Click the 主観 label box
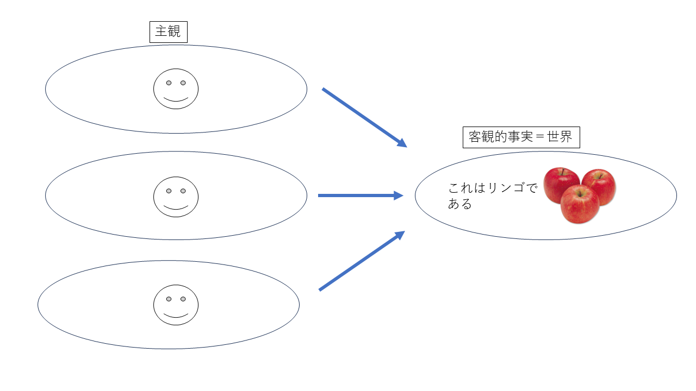click(168, 32)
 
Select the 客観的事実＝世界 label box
click(521, 137)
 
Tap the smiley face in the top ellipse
click(176, 89)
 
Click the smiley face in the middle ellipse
click(176, 197)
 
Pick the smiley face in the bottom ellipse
click(176, 305)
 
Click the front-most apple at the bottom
click(580, 204)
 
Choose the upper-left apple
click(561, 184)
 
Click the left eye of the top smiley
click(169, 83)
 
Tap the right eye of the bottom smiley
click(183, 299)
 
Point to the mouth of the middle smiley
click(176, 207)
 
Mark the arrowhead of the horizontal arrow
click(399, 195)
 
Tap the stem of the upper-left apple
click(563, 172)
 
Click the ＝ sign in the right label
click(539, 137)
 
